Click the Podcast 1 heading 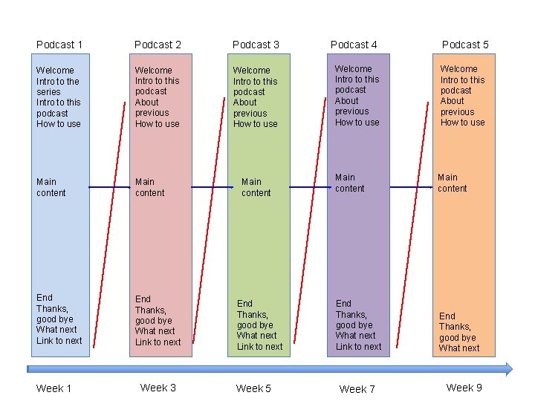(x=59, y=45)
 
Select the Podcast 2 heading (x=158, y=45)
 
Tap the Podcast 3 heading (x=256, y=45)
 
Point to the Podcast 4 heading (x=354, y=45)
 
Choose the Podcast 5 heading (x=465, y=45)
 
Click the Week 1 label (x=54, y=388)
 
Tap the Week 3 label (x=158, y=388)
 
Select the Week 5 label (x=253, y=388)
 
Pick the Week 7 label (x=357, y=389)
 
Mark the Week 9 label (x=464, y=388)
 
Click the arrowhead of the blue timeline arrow (x=508, y=369)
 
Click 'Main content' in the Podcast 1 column (x=51, y=187)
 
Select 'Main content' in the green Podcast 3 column (x=256, y=187)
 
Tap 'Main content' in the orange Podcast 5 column (x=452, y=183)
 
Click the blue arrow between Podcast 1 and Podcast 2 (x=109, y=187)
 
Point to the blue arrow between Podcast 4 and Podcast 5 (x=411, y=187)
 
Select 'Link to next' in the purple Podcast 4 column (x=358, y=347)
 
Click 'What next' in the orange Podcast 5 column (x=459, y=348)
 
